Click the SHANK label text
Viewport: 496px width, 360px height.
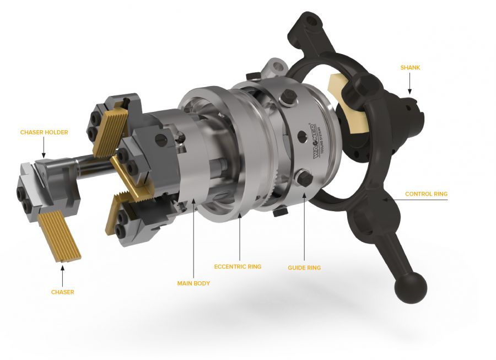click(x=410, y=67)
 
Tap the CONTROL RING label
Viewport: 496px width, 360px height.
click(x=426, y=194)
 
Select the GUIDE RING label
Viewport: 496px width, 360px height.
click(x=304, y=267)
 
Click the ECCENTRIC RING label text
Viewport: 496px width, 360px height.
click(x=238, y=266)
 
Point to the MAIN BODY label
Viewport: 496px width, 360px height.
click(x=193, y=283)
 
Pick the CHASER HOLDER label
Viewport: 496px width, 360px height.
click(x=44, y=132)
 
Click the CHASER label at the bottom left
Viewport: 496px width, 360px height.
click(x=63, y=292)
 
